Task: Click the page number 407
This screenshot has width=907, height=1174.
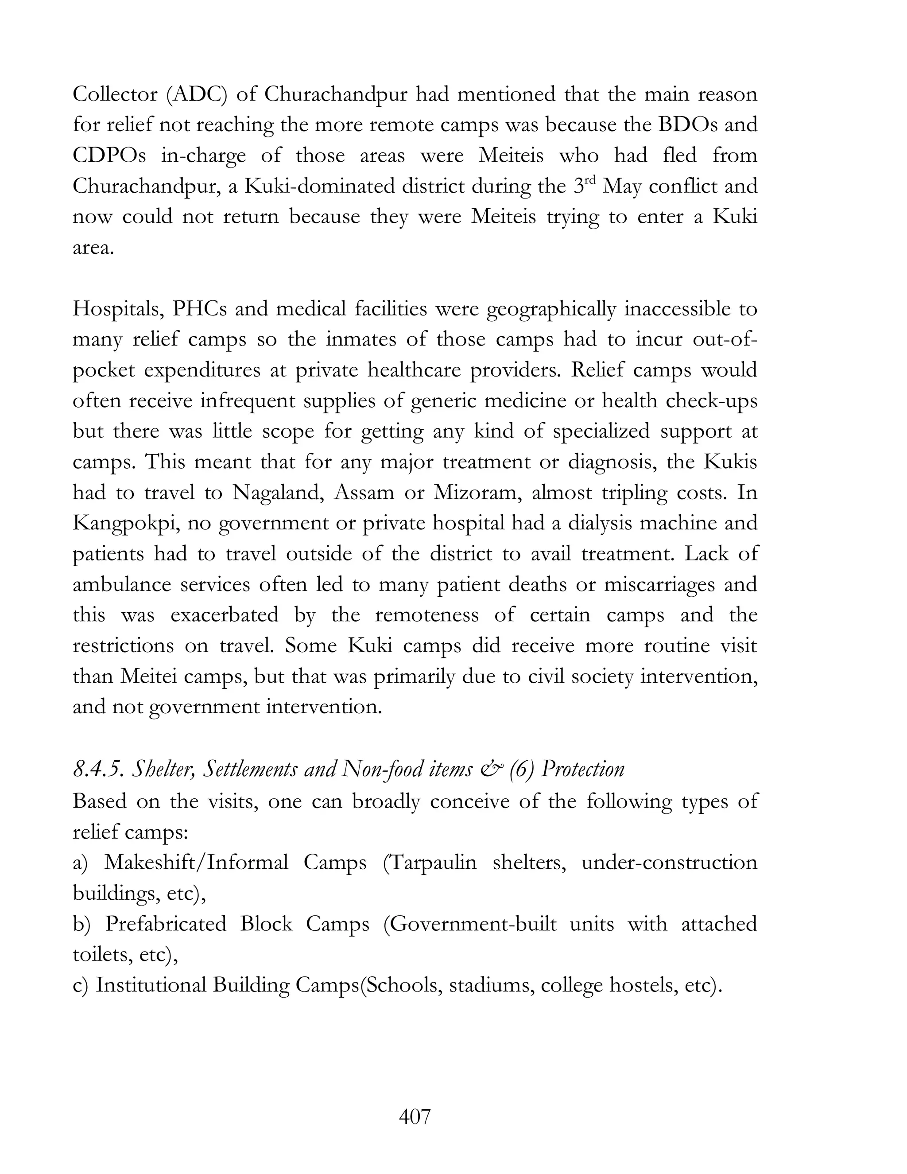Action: click(415, 1116)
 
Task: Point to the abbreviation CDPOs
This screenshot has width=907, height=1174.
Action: click(109, 155)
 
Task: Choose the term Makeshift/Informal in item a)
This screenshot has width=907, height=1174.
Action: click(196, 862)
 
